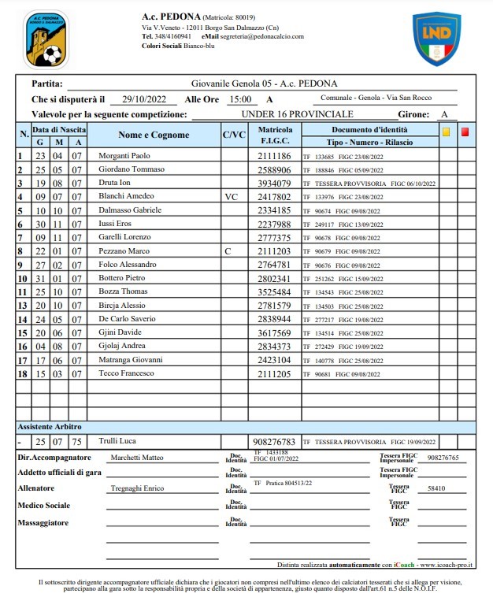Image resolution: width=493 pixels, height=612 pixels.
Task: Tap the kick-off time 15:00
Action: pyautogui.click(x=239, y=99)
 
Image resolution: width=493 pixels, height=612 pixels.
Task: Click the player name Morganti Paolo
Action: pyautogui.click(x=124, y=156)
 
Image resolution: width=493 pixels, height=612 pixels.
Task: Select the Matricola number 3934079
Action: pyautogui.click(x=275, y=184)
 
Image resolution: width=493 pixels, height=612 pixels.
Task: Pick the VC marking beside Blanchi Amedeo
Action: pyautogui.click(x=231, y=197)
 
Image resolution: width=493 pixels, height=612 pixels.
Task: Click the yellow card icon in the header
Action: pyautogui.click(x=447, y=132)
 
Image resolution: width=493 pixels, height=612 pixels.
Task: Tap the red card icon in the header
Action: pyautogui.click(x=465, y=132)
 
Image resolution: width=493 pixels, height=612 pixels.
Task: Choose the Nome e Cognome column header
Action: pyautogui.click(x=154, y=135)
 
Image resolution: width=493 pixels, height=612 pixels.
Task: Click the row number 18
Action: pyautogui.click(x=21, y=373)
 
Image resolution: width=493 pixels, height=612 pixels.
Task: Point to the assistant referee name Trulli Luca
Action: pyautogui.click(x=116, y=442)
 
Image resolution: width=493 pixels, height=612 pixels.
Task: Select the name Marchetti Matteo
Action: pyautogui.click(x=137, y=458)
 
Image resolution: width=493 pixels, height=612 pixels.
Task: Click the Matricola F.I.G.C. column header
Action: pyautogui.click(x=275, y=135)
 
